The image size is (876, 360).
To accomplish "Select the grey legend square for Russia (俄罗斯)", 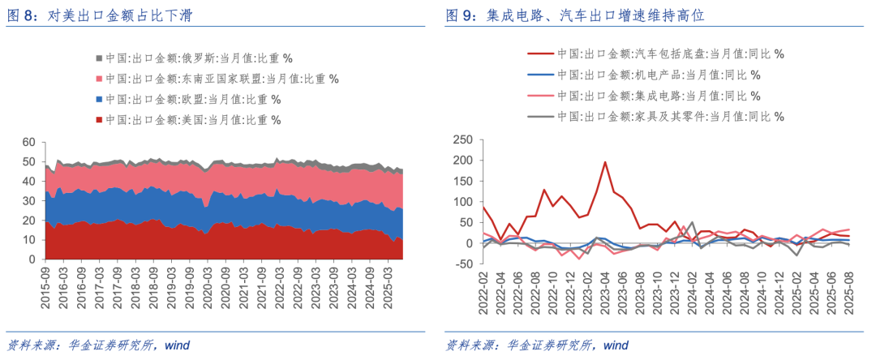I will click(x=99, y=58).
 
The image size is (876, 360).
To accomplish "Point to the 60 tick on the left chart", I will click(x=28, y=142).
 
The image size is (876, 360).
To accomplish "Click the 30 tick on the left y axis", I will click(x=28, y=200).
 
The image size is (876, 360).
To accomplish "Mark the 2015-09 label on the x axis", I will click(x=46, y=289).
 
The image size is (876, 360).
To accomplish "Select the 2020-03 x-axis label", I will click(x=205, y=289).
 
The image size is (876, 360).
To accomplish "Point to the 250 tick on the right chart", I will click(x=461, y=139).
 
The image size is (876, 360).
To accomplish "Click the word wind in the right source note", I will click(x=616, y=346).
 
